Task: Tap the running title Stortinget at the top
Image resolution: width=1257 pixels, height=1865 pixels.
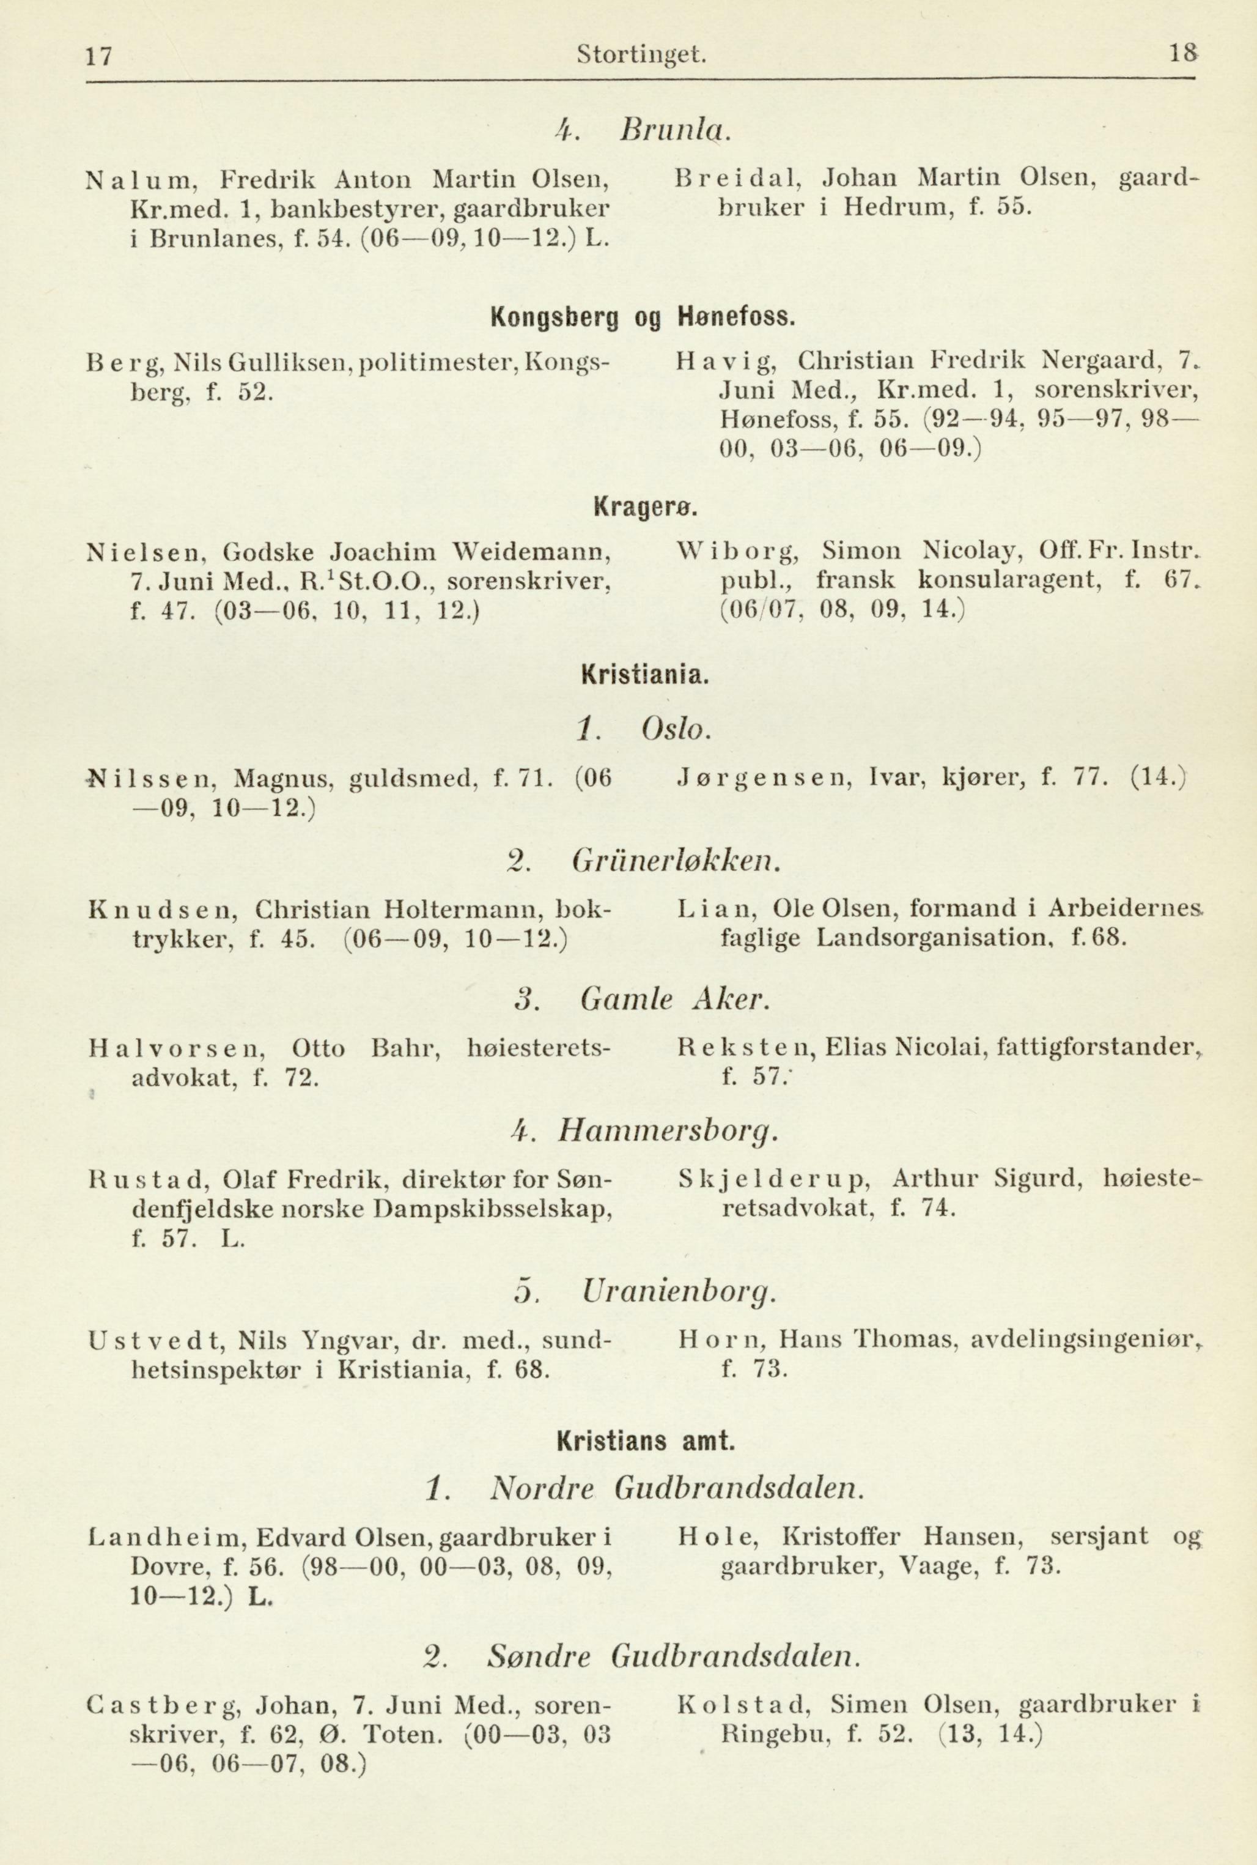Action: point(641,55)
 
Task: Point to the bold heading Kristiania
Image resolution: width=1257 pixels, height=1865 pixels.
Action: point(644,675)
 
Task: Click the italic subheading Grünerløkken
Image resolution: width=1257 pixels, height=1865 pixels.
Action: point(676,862)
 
